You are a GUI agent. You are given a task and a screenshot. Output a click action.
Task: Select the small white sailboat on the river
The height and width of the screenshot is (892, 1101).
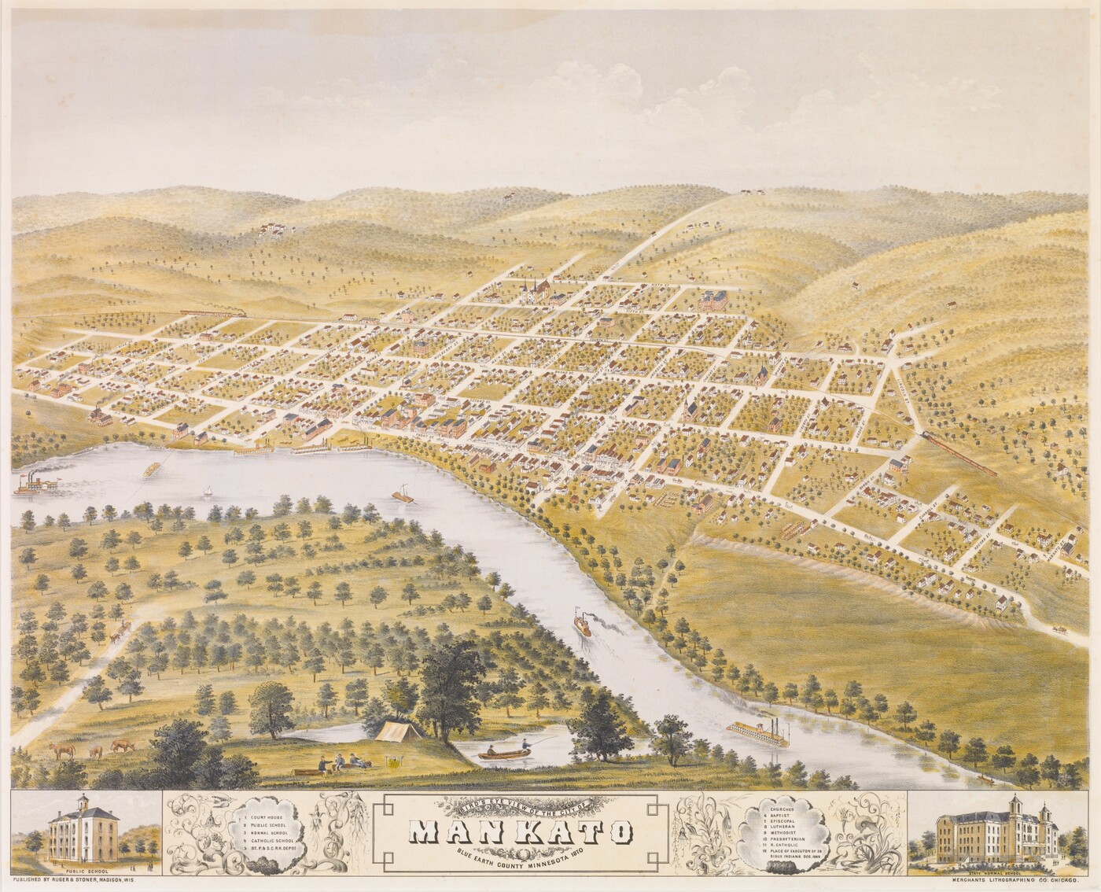pos(208,492)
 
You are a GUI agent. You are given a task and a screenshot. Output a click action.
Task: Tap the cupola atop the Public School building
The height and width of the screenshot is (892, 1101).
pos(83,802)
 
